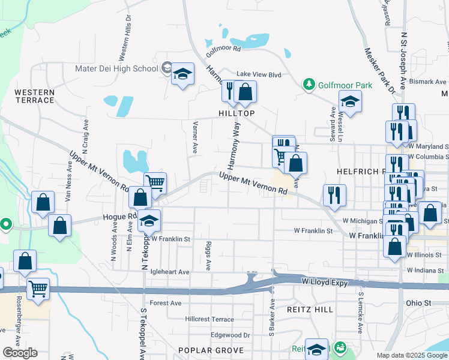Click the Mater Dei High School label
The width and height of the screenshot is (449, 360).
tap(116, 68)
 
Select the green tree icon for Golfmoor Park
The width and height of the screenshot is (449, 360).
tap(309, 85)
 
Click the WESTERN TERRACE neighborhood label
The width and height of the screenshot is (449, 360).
tap(34, 96)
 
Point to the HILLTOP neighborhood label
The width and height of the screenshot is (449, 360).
tap(237, 113)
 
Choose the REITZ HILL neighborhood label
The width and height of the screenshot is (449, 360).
tap(310, 309)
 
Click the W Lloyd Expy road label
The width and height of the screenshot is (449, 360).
tap(325, 281)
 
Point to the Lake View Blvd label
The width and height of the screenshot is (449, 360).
tap(259, 74)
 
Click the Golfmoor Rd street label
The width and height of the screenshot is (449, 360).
tap(223, 47)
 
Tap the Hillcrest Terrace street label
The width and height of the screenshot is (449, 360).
tap(209, 319)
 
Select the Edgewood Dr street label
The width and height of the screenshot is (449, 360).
tap(230, 335)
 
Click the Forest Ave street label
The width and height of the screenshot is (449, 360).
tap(166, 303)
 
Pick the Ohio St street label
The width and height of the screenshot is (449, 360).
tap(419, 303)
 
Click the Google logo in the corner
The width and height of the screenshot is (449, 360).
tap(20, 353)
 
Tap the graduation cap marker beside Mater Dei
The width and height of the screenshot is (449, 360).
tap(182, 75)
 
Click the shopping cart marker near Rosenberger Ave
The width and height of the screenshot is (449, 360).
tap(38, 289)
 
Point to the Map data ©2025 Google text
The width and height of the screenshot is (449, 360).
tap(412, 355)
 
